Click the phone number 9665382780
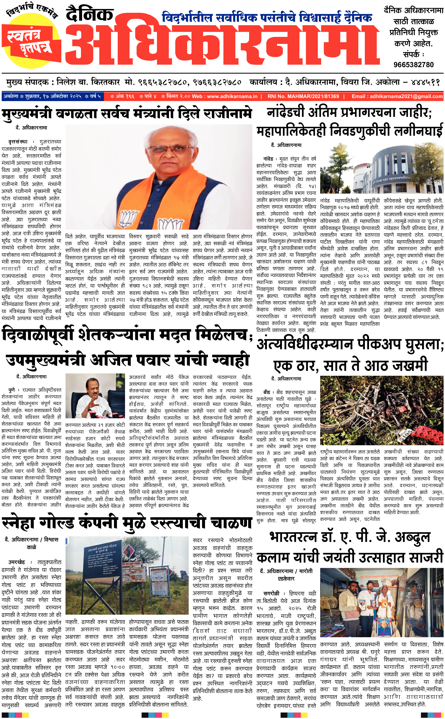(x=413, y=64)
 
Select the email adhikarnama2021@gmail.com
(x=406, y=96)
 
